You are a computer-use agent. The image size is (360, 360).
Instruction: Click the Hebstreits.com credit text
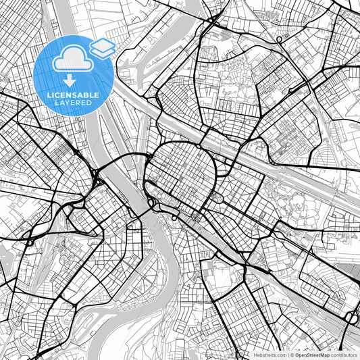(x=269, y=355)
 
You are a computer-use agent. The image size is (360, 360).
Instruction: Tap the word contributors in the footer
(x=344, y=355)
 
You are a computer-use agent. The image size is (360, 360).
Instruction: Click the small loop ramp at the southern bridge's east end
(x=174, y=217)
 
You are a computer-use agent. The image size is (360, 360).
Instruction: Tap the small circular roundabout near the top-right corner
(x=278, y=41)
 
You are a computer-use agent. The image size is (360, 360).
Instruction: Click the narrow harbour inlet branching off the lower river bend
(x=101, y=316)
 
